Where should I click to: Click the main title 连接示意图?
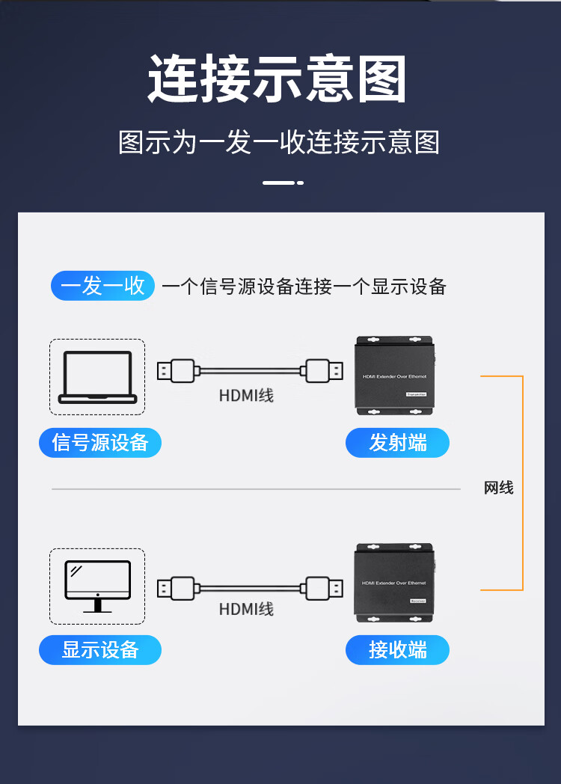(x=278, y=79)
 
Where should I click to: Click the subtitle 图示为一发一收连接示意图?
(x=278, y=142)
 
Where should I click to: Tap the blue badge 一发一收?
(x=102, y=286)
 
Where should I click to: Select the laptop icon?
(x=97, y=377)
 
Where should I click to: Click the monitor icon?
(x=97, y=586)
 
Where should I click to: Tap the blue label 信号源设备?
(x=100, y=443)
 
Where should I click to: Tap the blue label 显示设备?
(x=100, y=649)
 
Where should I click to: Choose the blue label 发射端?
(x=397, y=443)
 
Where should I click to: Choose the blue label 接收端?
(x=397, y=649)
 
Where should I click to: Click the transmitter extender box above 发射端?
(x=394, y=376)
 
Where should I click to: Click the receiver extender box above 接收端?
(x=394, y=583)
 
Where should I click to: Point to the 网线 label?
(x=498, y=489)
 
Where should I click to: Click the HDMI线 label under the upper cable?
(x=246, y=395)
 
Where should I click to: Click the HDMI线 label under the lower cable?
(x=246, y=609)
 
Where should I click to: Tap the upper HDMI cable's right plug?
(x=323, y=370)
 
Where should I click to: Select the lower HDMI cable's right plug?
(x=323, y=587)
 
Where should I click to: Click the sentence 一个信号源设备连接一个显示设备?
(x=304, y=287)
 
